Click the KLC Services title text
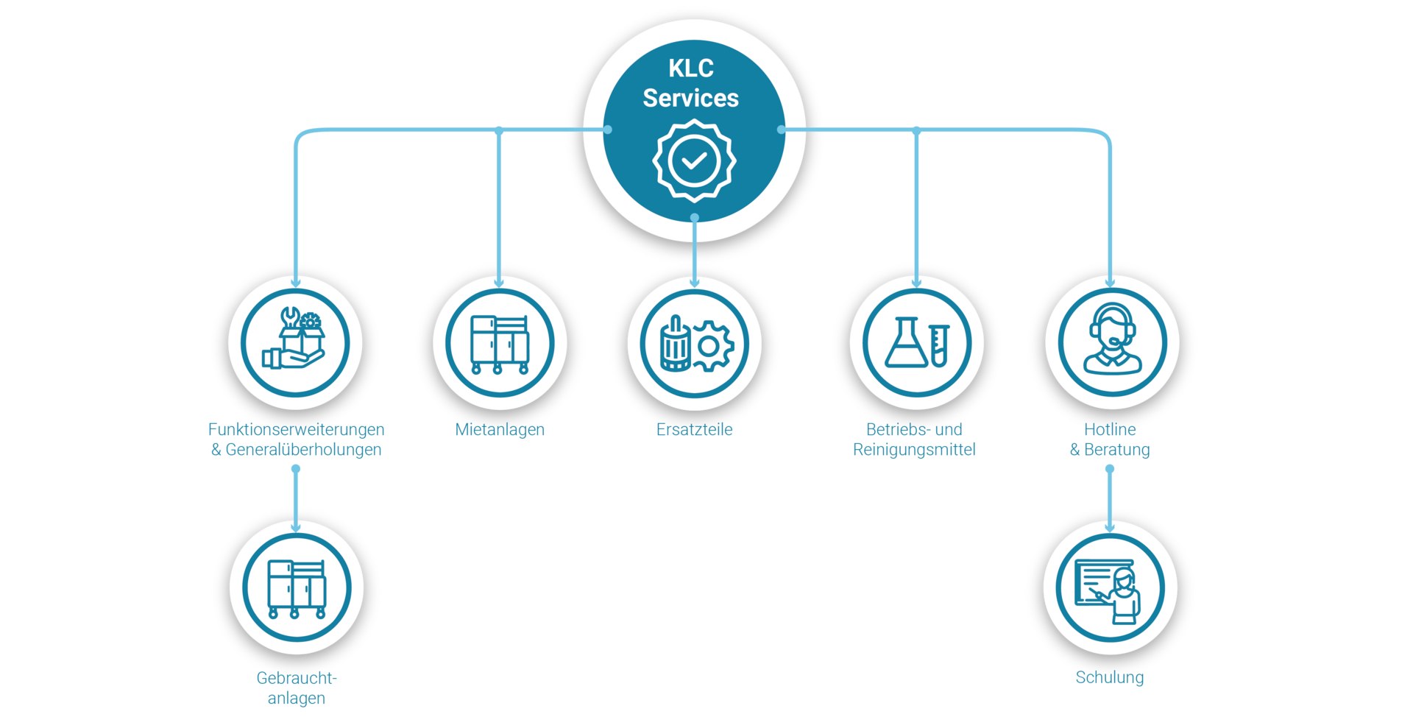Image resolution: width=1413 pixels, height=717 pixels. pos(690,83)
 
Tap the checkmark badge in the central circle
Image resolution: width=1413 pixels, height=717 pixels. pos(694,160)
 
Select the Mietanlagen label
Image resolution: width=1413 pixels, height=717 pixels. pos(500,429)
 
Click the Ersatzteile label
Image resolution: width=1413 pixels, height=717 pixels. pos(694,429)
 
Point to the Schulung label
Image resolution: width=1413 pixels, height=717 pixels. pos(1109,677)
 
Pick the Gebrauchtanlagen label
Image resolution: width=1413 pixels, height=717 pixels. pos(296,688)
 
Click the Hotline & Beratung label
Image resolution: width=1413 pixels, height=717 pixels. pos(1110,439)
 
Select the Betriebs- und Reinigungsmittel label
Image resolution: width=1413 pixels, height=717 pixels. pos(915,439)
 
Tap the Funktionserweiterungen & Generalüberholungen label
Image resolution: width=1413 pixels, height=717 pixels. pos(296,439)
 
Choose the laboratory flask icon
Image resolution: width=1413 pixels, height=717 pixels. pos(905,342)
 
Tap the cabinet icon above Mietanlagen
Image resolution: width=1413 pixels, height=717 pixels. pos(500,343)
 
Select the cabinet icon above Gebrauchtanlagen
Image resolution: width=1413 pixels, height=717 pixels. pos(296,587)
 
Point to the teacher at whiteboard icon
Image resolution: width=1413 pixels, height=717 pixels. pos(1110,589)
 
